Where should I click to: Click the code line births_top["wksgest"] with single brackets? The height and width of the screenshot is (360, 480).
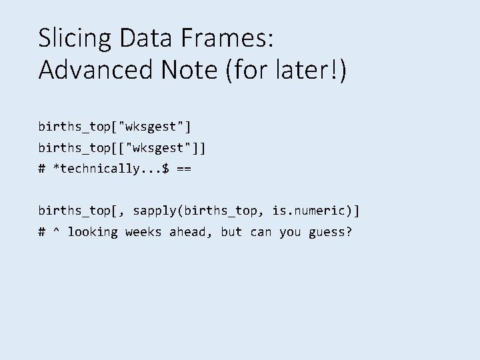tap(115, 126)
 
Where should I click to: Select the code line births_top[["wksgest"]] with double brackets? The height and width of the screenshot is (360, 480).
tap(122, 147)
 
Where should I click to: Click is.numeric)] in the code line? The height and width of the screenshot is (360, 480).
tap(315, 211)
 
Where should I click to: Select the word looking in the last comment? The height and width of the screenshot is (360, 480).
tap(93, 232)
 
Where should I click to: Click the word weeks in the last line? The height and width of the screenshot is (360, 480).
tap(143, 232)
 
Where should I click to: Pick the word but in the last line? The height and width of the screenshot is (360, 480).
tap(231, 232)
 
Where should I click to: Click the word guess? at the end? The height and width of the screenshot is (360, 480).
tap(330, 232)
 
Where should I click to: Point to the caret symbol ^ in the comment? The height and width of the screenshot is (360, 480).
tap(57, 232)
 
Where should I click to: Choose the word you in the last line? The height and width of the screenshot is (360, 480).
tap(290, 232)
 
